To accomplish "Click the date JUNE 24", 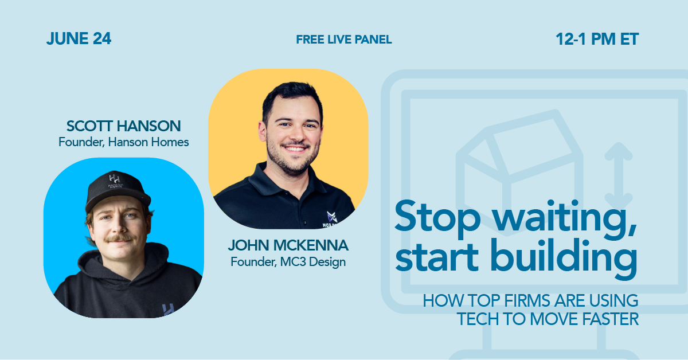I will tap(79, 39).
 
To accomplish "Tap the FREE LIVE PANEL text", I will tap(344, 40).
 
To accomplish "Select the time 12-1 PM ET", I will tap(597, 39).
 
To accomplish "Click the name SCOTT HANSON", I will tap(123, 126).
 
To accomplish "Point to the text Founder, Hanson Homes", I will tap(123, 142).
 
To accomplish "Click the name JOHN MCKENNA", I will tap(288, 246).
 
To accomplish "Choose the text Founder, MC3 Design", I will tap(288, 262).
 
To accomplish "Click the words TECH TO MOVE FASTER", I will tap(548, 319).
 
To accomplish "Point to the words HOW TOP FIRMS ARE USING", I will tap(530, 300).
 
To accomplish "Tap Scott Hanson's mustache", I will tap(119, 237).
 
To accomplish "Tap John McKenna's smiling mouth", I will tap(294, 148).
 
